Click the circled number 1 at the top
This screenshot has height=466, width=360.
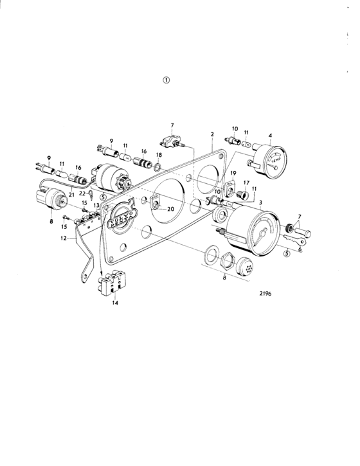tap(166, 80)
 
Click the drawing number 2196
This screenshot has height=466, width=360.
tap(265, 294)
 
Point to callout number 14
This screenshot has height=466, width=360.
tap(115, 303)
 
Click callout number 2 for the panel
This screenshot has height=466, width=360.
tap(212, 134)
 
